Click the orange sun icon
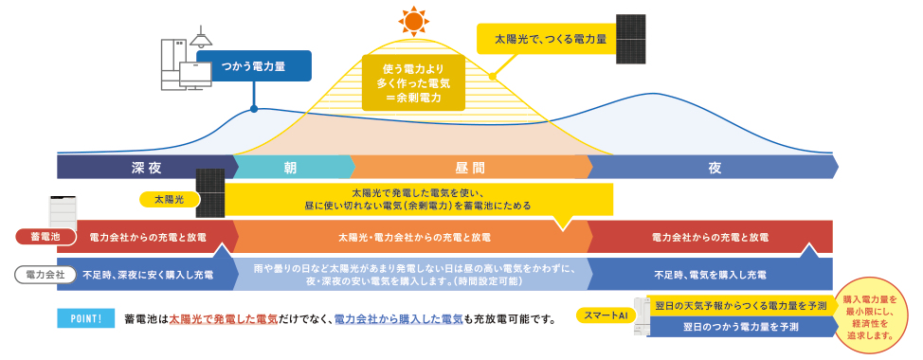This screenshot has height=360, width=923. pos(413,23)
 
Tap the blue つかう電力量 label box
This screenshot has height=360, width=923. pos(254,66)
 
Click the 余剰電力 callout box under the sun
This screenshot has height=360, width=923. pos(413,82)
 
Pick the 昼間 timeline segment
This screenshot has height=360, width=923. pos(471,167)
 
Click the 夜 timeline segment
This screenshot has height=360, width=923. pos(713,167)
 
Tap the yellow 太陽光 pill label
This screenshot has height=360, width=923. pos(169,199)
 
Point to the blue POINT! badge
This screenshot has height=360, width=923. pos(86,319)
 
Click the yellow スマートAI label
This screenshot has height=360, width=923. pos(606,315)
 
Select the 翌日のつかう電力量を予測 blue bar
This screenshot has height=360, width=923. pos(740,326)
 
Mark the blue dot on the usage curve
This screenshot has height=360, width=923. pos(254,109)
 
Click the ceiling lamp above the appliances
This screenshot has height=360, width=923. pos(201,38)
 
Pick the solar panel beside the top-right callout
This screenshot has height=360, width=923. pos(631,39)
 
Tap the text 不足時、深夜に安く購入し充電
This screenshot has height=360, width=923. pos(148,274)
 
